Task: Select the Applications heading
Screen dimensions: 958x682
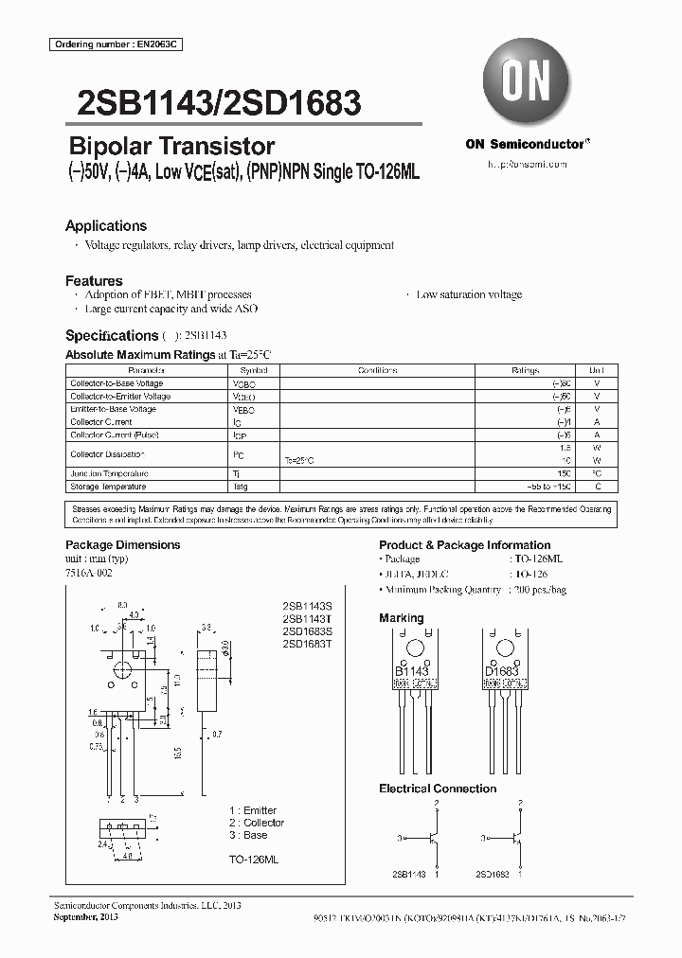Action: pyautogui.click(x=105, y=226)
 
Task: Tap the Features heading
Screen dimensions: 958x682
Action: pyautogui.click(x=94, y=281)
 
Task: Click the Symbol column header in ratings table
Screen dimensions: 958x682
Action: pyautogui.click(x=254, y=371)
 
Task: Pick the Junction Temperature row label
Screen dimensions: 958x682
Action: pyautogui.click(x=109, y=473)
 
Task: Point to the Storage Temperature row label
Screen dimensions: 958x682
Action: pyautogui.click(x=108, y=487)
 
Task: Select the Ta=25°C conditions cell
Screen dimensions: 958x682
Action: pyautogui.click(x=298, y=460)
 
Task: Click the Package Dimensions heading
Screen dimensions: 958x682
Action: pyautogui.click(x=122, y=545)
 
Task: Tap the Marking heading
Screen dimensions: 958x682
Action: pyautogui.click(x=402, y=618)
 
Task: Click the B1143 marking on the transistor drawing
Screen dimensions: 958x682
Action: pyautogui.click(x=411, y=671)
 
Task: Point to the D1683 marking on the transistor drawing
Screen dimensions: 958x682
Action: pyautogui.click(x=503, y=671)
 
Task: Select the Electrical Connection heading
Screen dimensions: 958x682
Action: pyautogui.click(x=438, y=789)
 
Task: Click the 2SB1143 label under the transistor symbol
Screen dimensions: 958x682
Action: pyautogui.click(x=408, y=875)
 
